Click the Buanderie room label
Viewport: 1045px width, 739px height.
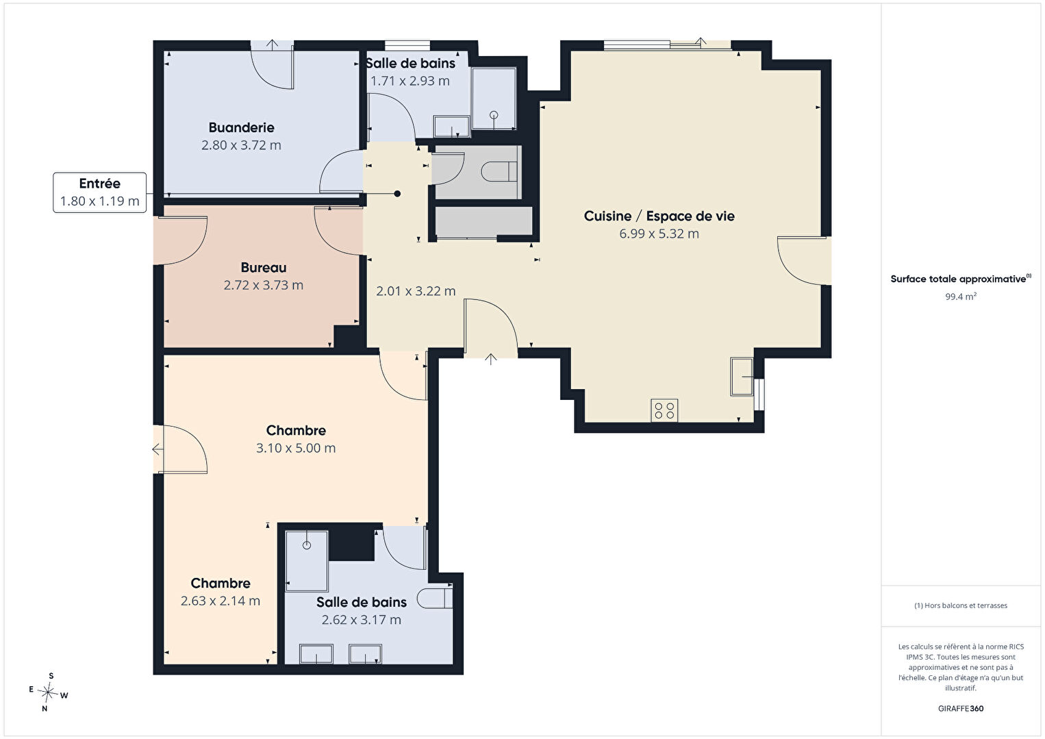[x=241, y=127]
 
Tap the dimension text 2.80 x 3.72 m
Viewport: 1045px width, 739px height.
[x=241, y=145]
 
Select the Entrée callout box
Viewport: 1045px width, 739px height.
[x=99, y=192]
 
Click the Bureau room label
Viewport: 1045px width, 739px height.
[x=264, y=267]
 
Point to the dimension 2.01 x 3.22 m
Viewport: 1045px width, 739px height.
[x=416, y=291]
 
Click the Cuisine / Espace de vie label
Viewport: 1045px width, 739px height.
[x=659, y=216]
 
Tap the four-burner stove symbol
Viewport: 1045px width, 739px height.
[x=664, y=410]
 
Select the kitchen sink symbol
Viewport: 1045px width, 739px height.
[x=742, y=377]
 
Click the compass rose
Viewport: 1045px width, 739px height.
[x=48, y=692]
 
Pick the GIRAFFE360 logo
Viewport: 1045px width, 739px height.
[x=961, y=708]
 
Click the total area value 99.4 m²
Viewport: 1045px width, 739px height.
[x=961, y=297]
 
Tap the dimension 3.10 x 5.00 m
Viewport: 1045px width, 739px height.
[x=296, y=448]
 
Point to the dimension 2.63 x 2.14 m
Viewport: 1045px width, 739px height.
[x=221, y=601]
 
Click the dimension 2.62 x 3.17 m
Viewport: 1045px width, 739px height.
[x=361, y=620]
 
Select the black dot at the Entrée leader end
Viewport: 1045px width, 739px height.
[x=397, y=194]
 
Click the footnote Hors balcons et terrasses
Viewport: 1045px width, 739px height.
[x=961, y=605]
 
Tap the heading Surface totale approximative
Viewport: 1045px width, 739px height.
[x=961, y=279]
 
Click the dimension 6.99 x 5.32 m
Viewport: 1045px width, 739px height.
[x=659, y=234]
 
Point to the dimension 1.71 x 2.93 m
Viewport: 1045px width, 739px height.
[x=410, y=82]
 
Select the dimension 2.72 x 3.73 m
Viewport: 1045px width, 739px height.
[x=264, y=285]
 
